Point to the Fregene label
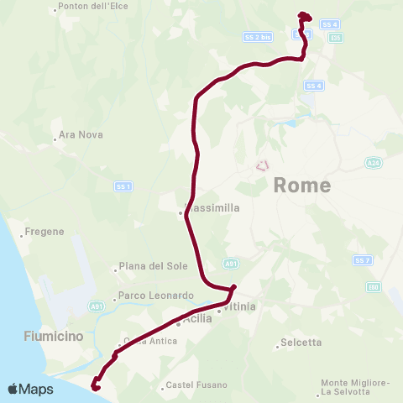point(44,231)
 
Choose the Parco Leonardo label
point(155,296)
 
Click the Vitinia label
point(238,308)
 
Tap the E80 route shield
point(372,287)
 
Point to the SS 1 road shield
point(123,186)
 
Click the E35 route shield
point(336,38)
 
